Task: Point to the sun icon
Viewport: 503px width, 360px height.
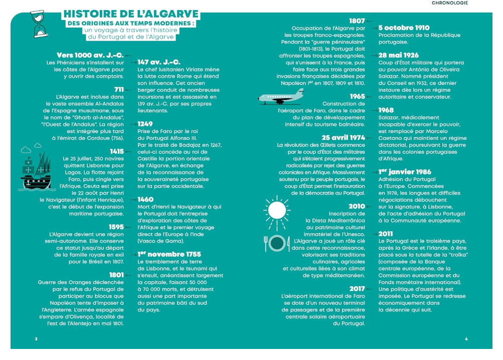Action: point(277,209)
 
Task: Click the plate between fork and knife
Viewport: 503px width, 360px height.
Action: point(277,243)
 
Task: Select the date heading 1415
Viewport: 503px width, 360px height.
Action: point(116,151)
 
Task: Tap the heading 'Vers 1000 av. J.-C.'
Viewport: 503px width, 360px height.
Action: point(90,55)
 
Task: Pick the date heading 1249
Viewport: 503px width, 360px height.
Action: point(145,124)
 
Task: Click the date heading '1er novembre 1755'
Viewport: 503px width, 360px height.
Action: point(170,254)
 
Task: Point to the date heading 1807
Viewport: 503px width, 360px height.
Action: point(357,21)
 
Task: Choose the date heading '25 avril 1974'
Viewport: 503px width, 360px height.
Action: point(344,137)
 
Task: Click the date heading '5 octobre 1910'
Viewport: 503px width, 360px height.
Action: point(404,28)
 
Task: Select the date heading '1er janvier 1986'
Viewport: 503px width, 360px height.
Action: point(405,172)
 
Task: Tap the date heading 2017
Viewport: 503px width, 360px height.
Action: point(357,288)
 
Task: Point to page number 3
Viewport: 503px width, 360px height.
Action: point(36,339)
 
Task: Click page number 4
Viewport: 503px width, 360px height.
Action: point(466,339)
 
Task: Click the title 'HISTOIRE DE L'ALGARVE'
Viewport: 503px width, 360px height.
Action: point(131,14)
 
